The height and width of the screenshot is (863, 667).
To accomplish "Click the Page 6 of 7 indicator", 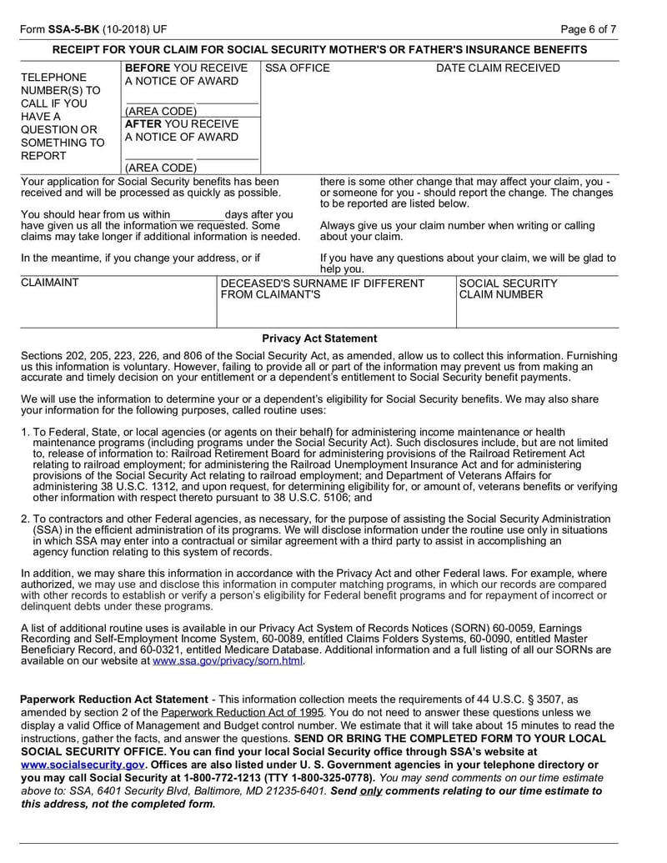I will coord(589,29).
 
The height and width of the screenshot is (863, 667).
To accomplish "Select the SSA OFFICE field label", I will coord(297,68).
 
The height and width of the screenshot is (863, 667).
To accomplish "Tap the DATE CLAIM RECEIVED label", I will coord(499,68).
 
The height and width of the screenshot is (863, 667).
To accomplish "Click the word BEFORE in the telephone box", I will coord(148,68).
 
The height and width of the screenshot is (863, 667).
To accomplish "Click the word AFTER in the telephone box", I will coord(143,123).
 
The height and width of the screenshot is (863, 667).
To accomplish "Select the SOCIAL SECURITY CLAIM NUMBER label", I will coord(509,289).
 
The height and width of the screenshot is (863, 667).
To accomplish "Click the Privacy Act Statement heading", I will coord(319,339).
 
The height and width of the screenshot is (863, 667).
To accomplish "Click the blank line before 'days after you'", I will coord(198,214).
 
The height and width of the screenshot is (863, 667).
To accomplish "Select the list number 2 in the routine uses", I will coord(25,519).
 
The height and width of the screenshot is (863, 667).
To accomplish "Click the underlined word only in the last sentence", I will coord(372,791).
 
